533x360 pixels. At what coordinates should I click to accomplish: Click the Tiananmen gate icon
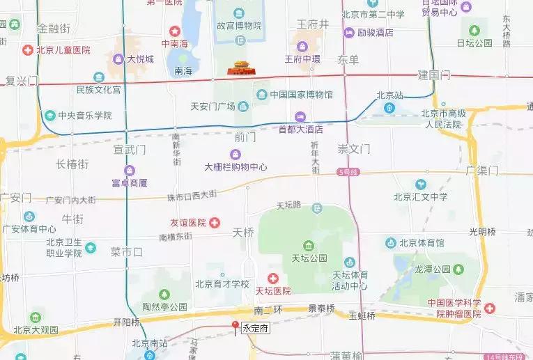click(x=242, y=68)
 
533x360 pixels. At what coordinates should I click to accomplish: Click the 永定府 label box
click(x=254, y=331)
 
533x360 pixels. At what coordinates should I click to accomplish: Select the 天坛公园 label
click(x=309, y=258)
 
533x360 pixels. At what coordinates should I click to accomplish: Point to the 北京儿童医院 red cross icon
click(x=27, y=50)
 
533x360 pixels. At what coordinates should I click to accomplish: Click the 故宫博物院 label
click(x=239, y=26)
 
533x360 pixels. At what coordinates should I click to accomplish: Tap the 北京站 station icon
click(x=389, y=108)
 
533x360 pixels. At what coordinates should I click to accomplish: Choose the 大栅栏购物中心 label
click(x=235, y=167)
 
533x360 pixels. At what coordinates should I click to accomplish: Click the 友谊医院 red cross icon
click(x=215, y=223)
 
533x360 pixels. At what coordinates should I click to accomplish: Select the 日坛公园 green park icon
click(x=474, y=31)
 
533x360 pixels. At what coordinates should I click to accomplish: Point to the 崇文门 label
click(x=354, y=149)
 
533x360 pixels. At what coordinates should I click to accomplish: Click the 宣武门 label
click(x=130, y=149)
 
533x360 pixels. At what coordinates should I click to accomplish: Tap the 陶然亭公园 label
click(x=165, y=306)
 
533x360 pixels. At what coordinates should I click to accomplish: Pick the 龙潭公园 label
click(x=433, y=269)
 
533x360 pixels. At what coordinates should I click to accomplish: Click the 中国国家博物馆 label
click(x=302, y=94)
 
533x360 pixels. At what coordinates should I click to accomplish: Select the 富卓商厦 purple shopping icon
click(x=130, y=171)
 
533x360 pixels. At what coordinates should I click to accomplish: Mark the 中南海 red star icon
click(x=174, y=31)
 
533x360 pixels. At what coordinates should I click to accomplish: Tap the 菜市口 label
click(x=126, y=251)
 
